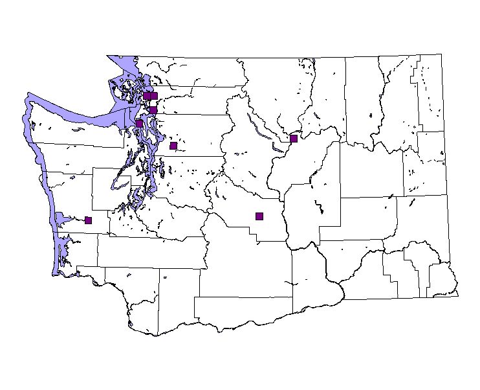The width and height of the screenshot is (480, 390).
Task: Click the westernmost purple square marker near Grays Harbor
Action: tap(88, 220)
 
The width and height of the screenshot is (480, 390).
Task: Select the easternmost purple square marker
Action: tap(294, 138)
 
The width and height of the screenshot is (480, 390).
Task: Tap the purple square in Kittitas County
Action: tap(259, 216)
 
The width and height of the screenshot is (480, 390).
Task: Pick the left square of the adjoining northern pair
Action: tap(147, 96)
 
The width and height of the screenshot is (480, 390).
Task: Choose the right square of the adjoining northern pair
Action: tap(154, 96)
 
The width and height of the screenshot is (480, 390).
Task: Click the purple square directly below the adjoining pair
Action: tap(153, 110)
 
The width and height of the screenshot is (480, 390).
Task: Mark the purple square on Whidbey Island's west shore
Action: tap(139, 124)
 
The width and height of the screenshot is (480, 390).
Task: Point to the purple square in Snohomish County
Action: tap(173, 146)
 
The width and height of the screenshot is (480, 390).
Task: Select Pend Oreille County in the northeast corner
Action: tap(427, 91)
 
